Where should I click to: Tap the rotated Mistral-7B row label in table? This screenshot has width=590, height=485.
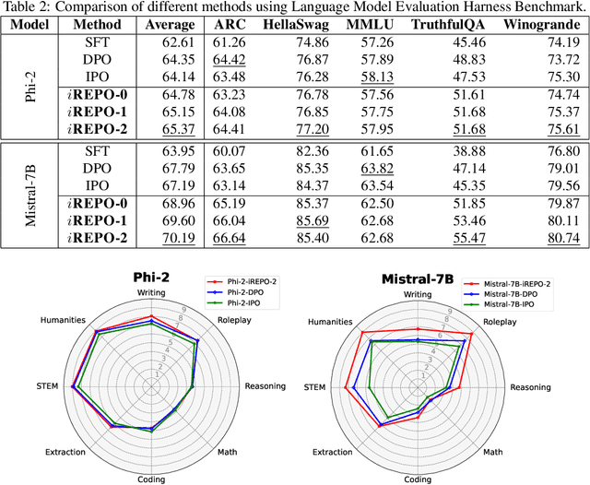(29, 193)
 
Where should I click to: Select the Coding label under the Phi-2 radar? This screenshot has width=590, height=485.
(152, 479)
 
